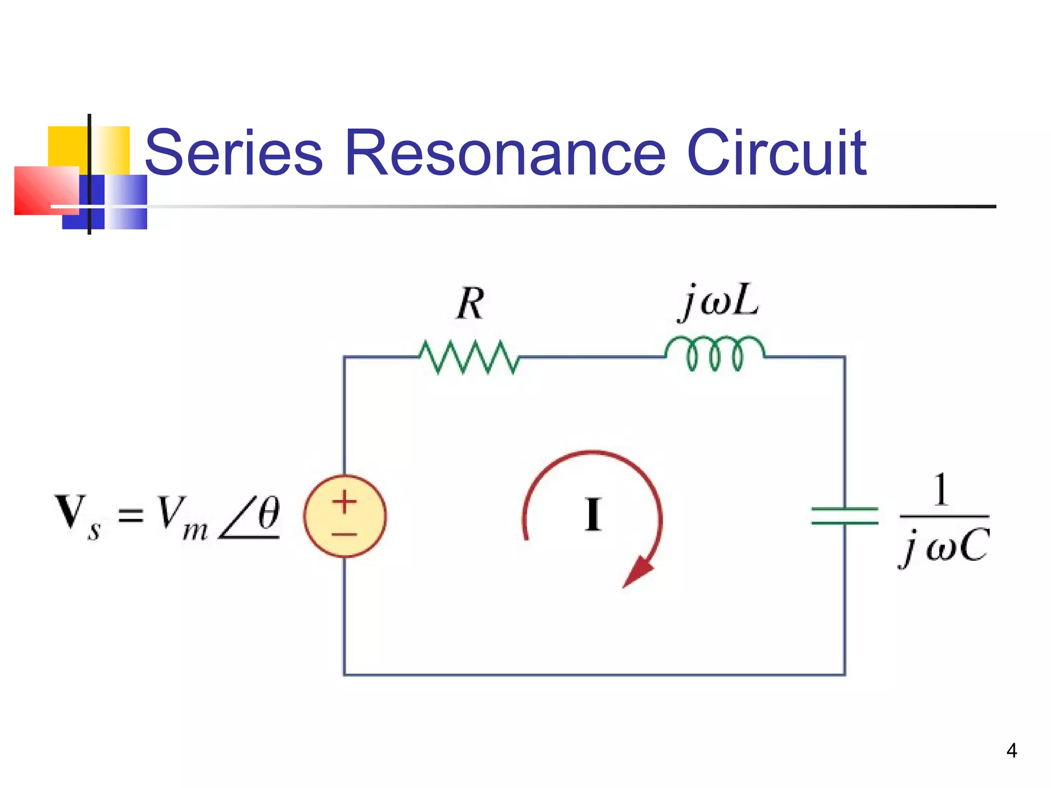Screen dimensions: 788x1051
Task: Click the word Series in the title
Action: coord(233,152)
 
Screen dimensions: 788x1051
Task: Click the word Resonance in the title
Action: coord(505,152)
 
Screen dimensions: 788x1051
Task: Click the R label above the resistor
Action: coord(470,304)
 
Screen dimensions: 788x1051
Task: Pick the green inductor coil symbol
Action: coord(715,353)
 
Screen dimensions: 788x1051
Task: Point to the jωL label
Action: coord(718,302)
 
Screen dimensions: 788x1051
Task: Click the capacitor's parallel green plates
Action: coord(844,516)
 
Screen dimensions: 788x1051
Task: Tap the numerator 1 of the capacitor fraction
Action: coord(940,490)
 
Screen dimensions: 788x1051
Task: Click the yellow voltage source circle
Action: coord(345,516)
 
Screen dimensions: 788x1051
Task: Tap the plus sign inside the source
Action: coord(344,502)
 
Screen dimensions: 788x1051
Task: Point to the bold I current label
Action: coord(593,515)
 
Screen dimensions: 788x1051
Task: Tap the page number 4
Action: coord(1011,751)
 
